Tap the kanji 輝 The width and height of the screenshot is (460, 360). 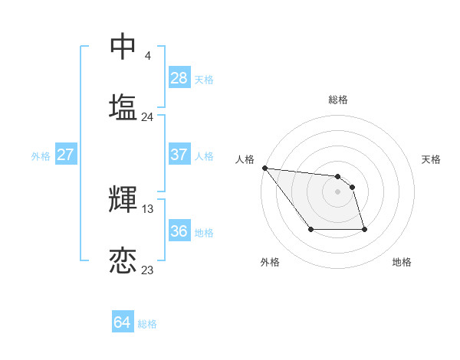123,200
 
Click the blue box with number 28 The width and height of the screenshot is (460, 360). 179,78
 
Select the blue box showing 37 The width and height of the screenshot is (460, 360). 179,155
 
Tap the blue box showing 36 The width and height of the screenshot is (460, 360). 179,231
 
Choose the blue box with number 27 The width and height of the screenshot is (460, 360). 65,155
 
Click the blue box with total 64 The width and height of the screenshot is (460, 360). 123,322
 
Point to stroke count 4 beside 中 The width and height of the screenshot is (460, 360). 147,56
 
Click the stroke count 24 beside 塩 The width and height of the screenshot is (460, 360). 147,117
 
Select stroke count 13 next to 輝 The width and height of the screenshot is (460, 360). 148,209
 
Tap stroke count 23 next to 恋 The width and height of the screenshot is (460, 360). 147,270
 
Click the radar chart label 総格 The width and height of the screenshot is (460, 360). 337,100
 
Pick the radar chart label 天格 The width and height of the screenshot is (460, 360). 431,159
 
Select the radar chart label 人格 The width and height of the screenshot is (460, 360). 244,159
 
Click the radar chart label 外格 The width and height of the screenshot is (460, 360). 270,262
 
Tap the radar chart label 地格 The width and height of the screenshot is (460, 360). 402,262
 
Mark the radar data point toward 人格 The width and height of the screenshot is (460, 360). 264,168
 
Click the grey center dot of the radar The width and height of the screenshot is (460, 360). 337,191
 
